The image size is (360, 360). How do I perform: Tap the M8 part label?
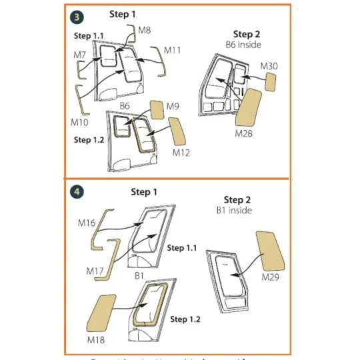pos(145,30)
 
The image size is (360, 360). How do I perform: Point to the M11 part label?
pos(173,50)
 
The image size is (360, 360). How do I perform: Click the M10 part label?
pos(79,123)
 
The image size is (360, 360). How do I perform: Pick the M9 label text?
pos(173,106)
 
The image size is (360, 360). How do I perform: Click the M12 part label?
pos(181,153)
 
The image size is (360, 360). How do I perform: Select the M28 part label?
pos(244,133)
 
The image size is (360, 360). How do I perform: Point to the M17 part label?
pos(95,271)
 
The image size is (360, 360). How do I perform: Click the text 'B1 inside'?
pos(237,211)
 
